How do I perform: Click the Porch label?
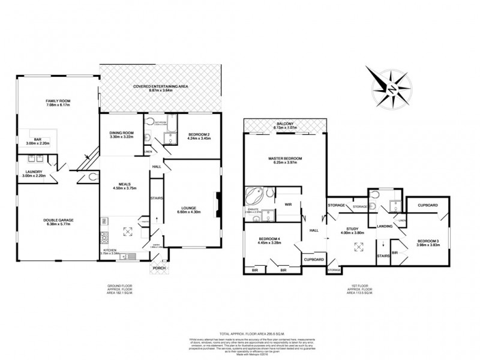coord(160,268)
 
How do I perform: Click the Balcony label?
coord(285,125)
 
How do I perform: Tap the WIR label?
coord(287,205)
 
